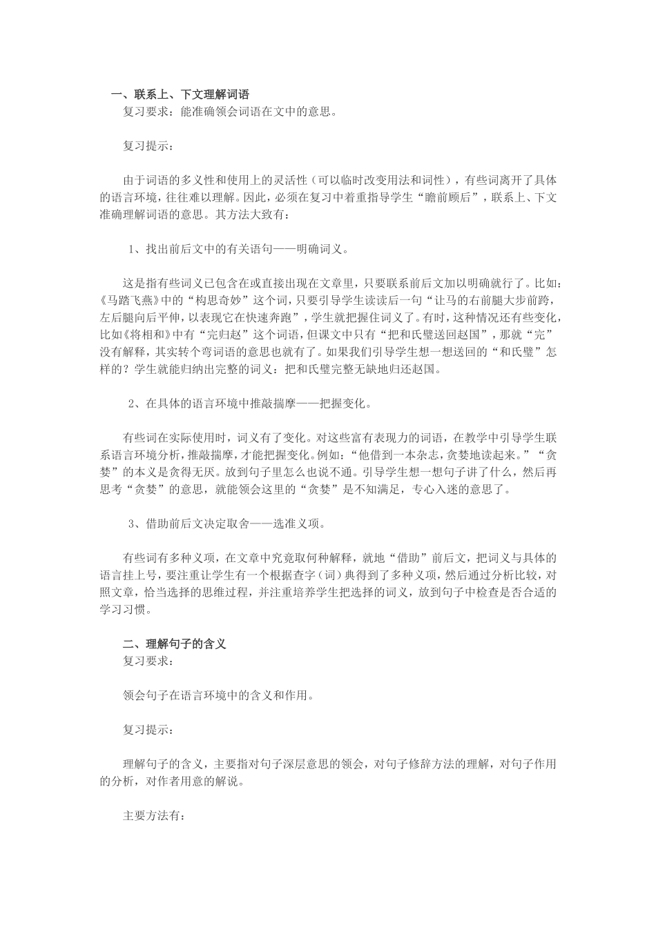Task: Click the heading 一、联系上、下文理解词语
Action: pyautogui.click(x=180, y=94)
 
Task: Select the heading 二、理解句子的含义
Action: pyautogui.click(x=174, y=644)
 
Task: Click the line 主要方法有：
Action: pyautogui.click(x=153, y=815)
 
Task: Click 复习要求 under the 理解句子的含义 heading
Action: pyautogui.click(x=148, y=661)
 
